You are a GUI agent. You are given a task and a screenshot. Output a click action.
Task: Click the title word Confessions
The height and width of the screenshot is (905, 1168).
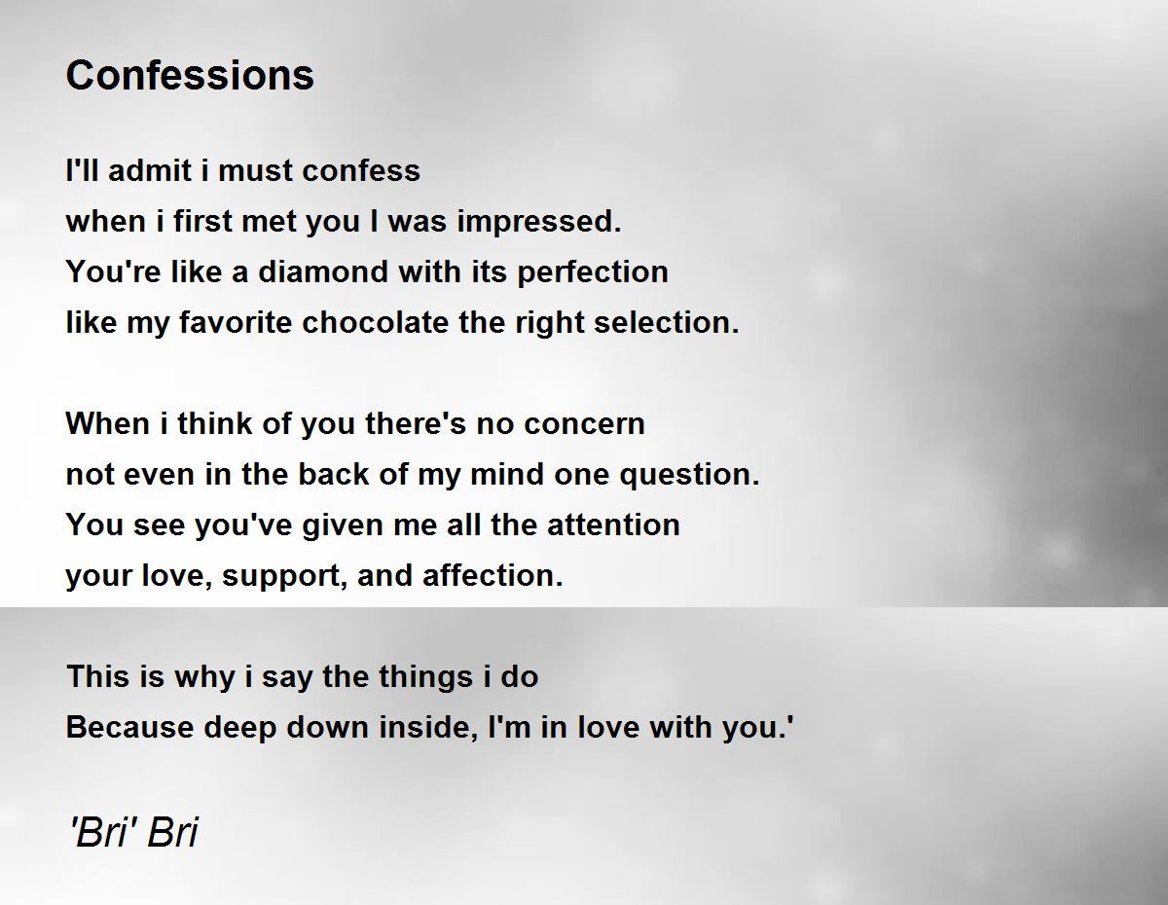(x=190, y=75)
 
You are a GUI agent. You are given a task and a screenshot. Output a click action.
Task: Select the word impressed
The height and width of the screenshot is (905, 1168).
(x=539, y=222)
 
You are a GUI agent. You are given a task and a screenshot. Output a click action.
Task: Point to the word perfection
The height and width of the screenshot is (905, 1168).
(x=593, y=271)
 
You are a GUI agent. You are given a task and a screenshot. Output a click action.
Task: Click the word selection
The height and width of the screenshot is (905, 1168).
(x=667, y=322)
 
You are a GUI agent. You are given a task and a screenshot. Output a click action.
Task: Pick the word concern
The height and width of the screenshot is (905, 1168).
(x=584, y=424)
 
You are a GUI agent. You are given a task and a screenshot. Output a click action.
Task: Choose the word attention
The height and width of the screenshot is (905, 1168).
(x=613, y=525)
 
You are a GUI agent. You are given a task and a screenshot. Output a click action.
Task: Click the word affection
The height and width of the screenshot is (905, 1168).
(x=493, y=575)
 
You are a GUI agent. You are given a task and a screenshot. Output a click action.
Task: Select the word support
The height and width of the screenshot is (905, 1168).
(x=285, y=576)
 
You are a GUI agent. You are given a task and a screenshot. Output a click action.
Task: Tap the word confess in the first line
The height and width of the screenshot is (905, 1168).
(x=361, y=170)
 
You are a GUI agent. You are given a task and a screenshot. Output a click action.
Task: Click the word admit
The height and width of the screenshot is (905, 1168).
(x=150, y=170)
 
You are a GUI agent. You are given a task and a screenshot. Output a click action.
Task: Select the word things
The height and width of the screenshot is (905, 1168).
(x=425, y=677)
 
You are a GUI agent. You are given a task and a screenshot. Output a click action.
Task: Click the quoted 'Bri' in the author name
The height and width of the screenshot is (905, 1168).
(x=105, y=831)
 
